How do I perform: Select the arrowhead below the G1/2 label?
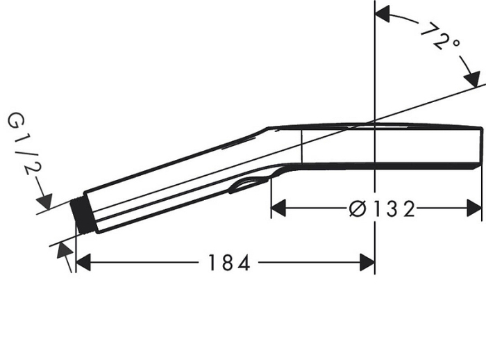(47, 201)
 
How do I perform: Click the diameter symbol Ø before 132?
(357, 208)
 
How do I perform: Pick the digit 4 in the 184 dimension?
(243, 263)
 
